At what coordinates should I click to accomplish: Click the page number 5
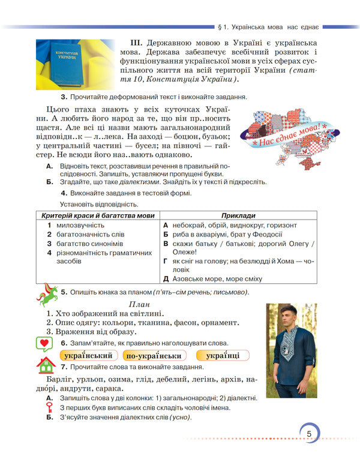308,434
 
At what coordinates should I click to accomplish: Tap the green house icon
46,365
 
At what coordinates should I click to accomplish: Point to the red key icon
51,408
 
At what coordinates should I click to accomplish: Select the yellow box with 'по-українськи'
152,356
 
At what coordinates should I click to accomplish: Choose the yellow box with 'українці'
222,356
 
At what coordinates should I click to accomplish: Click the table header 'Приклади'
238,215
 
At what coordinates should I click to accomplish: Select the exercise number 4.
64,193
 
